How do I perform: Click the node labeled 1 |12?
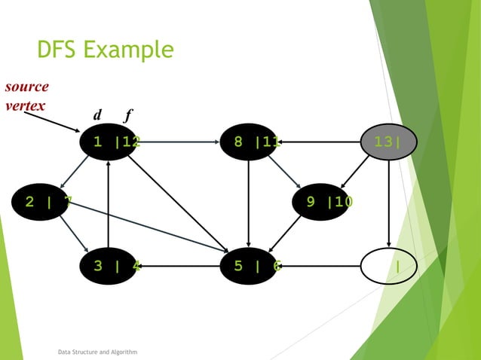tap(109, 142)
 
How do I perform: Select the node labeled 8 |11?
tap(249, 142)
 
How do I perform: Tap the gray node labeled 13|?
tap(388, 142)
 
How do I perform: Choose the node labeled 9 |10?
tap(324, 201)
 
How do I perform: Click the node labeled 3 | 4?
tap(109, 265)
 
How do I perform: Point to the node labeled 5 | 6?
tap(249, 265)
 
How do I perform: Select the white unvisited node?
tap(388, 265)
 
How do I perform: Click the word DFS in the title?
tap(57, 50)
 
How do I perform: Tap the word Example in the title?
tap(130, 50)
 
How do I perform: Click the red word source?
tap(26, 86)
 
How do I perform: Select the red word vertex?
tap(24, 105)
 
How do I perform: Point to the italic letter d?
tap(97, 115)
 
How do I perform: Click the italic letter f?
tap(128, 115)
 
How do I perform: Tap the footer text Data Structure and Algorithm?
tap(97, 352)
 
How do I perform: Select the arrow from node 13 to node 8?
tap(320, 141)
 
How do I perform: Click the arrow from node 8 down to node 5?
tap(249, 203)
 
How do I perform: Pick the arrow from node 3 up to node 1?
tap(109, 203)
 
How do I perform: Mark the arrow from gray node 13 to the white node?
tap(388, 203)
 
